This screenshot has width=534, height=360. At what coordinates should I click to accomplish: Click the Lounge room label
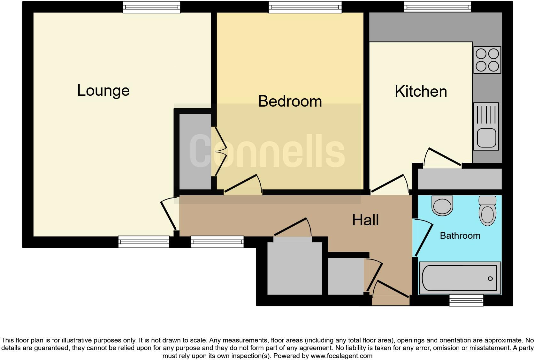click(103, 91)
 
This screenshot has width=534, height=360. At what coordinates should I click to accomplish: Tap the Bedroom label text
click(290, 101)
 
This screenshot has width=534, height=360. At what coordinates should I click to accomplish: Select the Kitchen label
click(421, 92)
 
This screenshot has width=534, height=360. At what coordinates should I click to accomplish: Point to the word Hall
click(365, 220)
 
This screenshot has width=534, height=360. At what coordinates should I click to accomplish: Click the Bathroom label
click(460, 236)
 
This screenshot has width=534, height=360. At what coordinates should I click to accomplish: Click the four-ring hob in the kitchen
click(487, 60)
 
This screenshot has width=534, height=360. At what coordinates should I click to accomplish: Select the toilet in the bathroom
click(487, 211)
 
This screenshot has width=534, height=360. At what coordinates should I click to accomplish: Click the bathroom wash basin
click(442, 205)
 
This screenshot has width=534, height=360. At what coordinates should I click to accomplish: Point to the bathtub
click(459, 278)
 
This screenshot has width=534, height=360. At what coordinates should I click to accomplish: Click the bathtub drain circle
click(490, 279)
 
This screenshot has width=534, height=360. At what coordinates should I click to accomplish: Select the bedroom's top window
click(305, 7)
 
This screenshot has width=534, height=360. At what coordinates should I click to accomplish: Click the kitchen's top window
click(437, 7)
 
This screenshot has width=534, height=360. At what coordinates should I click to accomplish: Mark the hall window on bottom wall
click(217, 242)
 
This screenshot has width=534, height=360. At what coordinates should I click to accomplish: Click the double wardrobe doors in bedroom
click(220, 152)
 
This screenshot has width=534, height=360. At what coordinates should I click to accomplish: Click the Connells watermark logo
click(267, 151)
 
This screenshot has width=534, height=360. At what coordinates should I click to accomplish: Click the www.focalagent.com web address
click(341, 356)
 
